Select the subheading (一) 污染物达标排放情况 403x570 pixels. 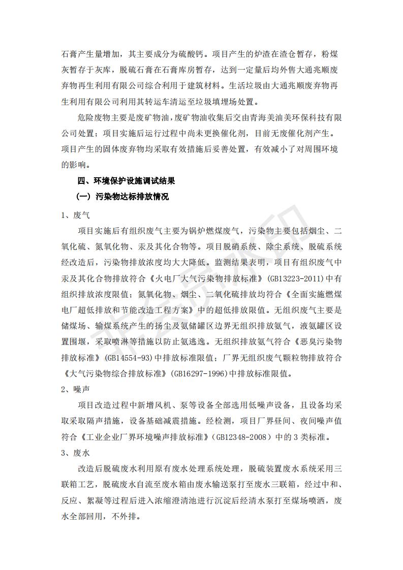122,197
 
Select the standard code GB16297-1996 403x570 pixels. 200,373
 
